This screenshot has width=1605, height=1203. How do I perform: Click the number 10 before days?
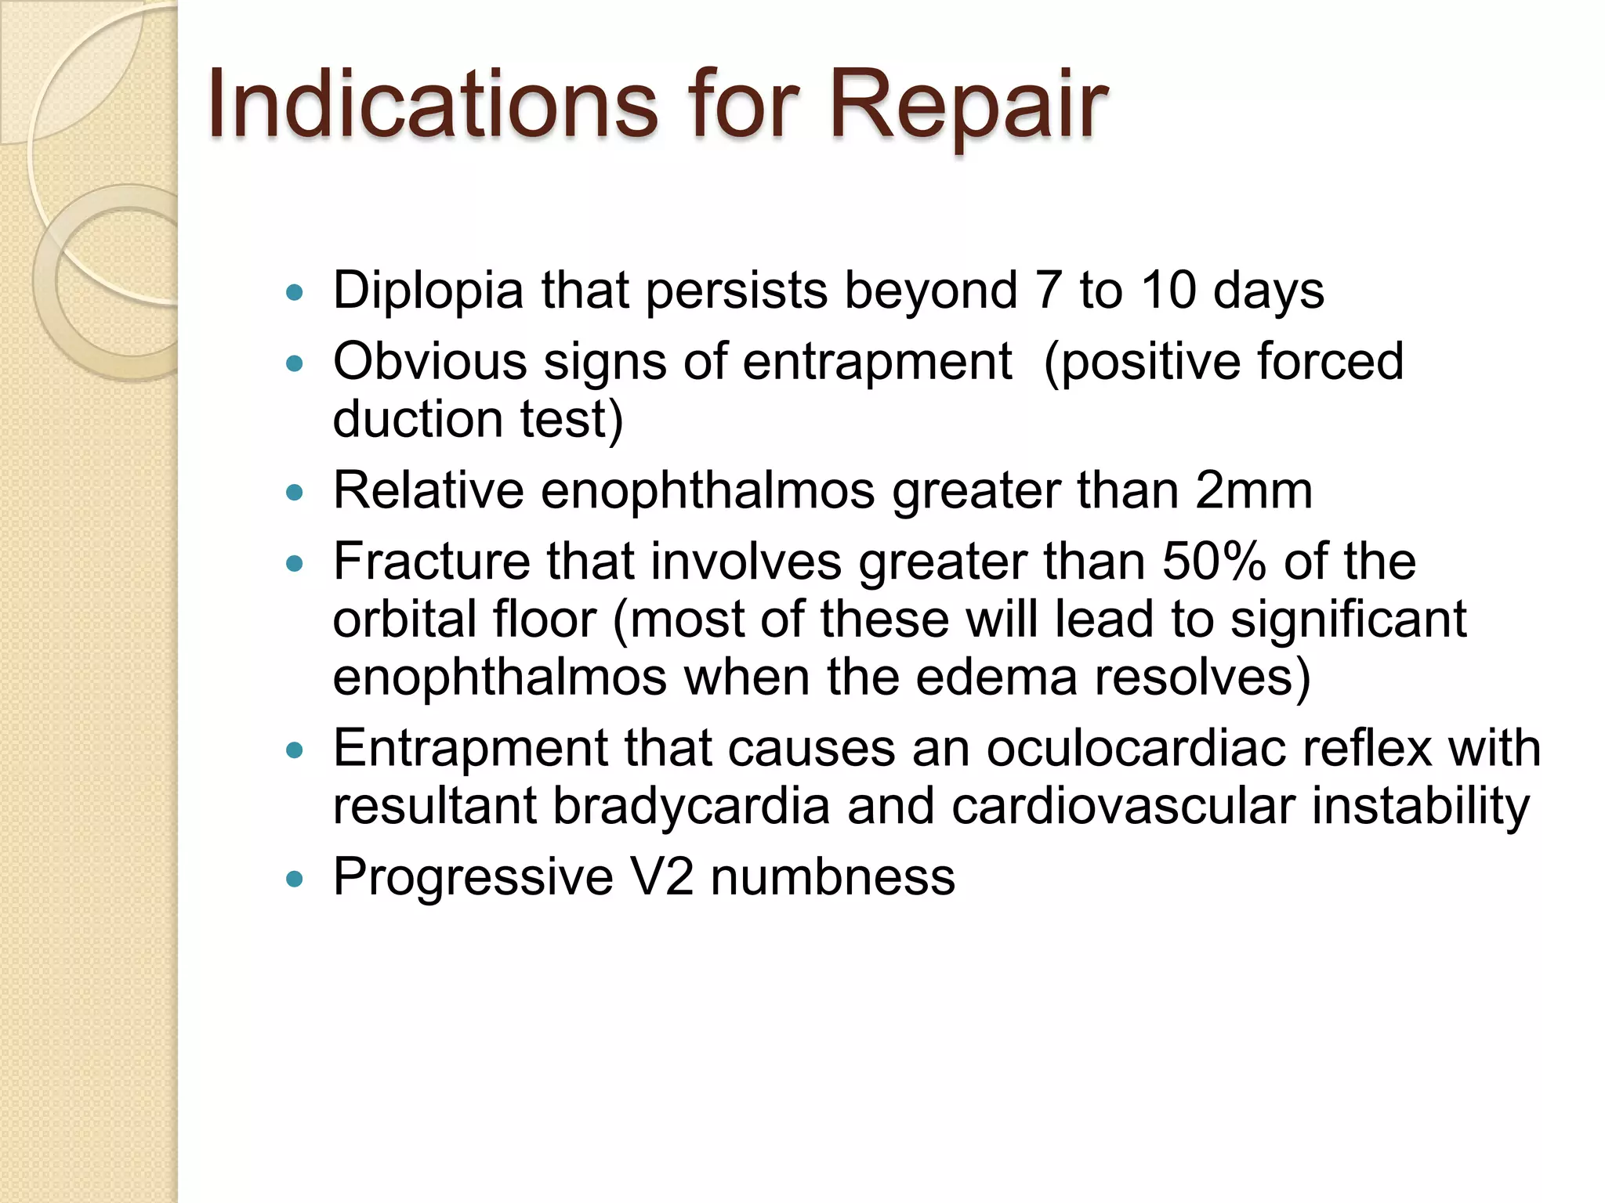(1168, 290)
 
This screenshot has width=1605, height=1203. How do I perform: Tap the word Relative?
(428, 491)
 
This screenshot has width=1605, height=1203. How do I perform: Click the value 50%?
(1214, 562)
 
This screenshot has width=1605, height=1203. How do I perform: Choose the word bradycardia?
(690, 806)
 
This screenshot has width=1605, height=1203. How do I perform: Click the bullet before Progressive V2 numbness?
(295, 879)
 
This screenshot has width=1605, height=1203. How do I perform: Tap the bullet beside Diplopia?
(295, 293)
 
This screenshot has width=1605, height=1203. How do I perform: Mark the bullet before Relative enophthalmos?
(295, 493)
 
